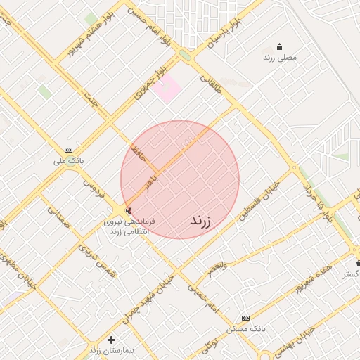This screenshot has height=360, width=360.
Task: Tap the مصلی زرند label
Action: (281, 58)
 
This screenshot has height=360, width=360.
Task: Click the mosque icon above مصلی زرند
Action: (280, 47)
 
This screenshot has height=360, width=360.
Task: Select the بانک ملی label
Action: (69, 160)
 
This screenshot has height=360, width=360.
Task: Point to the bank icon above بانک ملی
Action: (68, 150)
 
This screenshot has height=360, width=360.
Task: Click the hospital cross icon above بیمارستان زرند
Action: (110, 340)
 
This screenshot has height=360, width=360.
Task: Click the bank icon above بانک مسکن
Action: (245, 318)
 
